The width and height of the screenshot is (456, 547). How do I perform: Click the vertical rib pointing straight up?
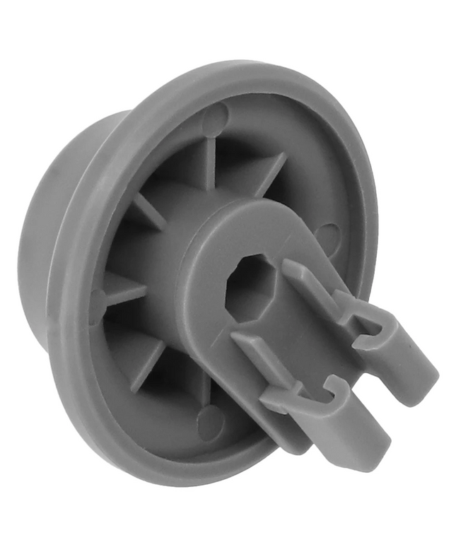(211, 158)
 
